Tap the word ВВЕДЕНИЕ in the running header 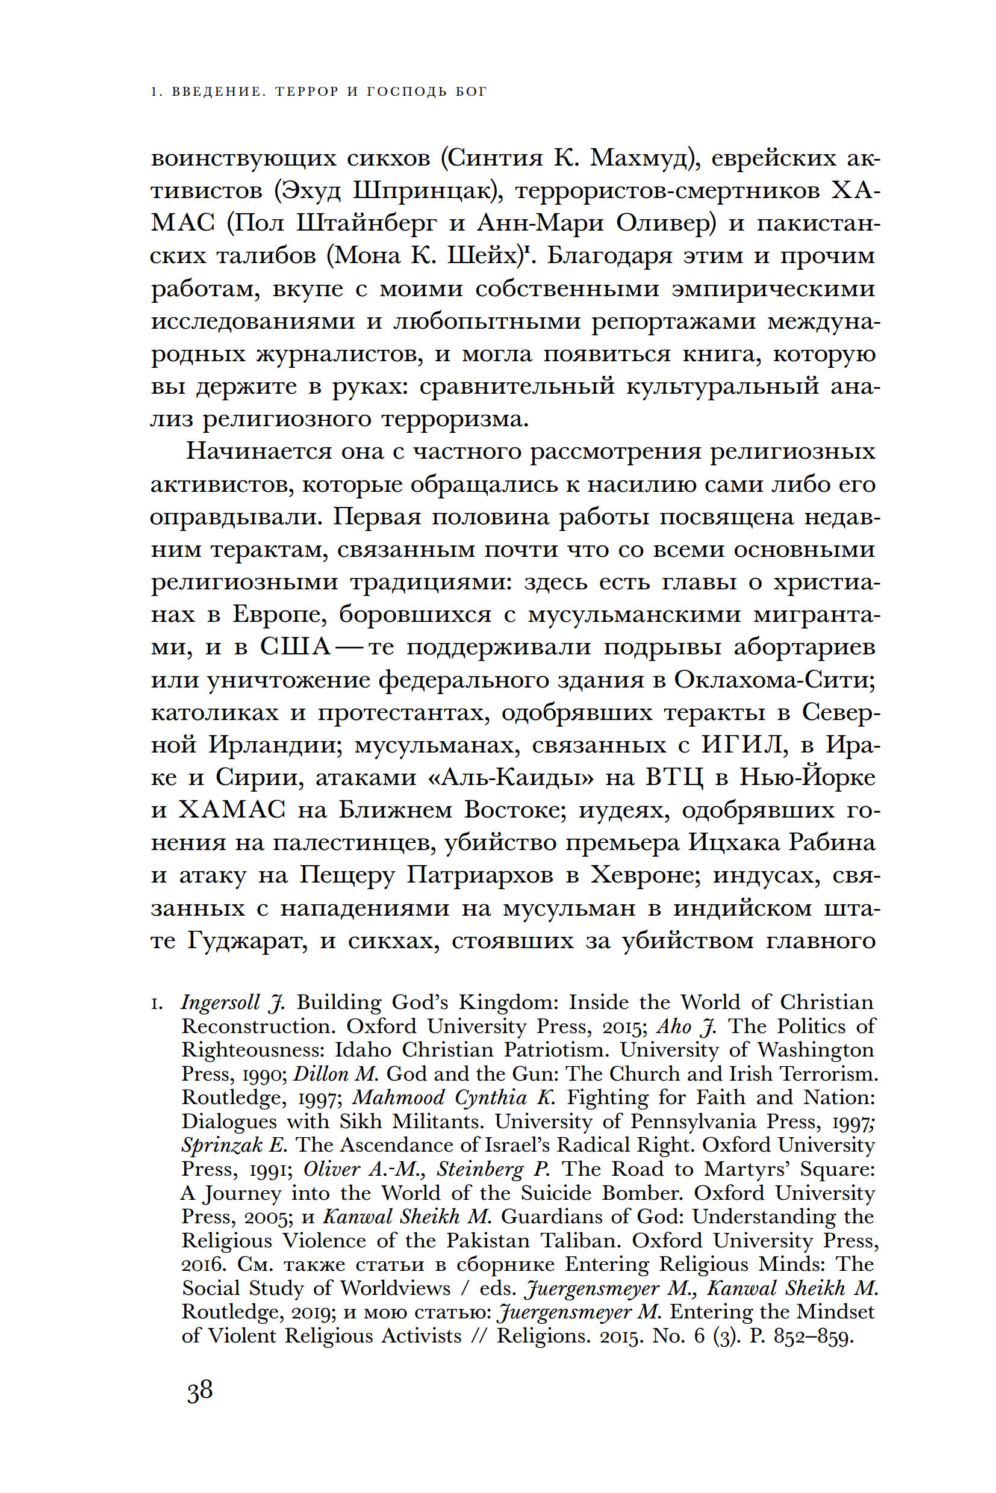pyautogui.click(x=216, y=92)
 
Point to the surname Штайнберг pyautogui.click(x=368, y=223)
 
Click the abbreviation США pyautogui.click(x=296, y=647)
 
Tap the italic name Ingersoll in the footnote pyautogui.click(x=220, y=1002)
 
